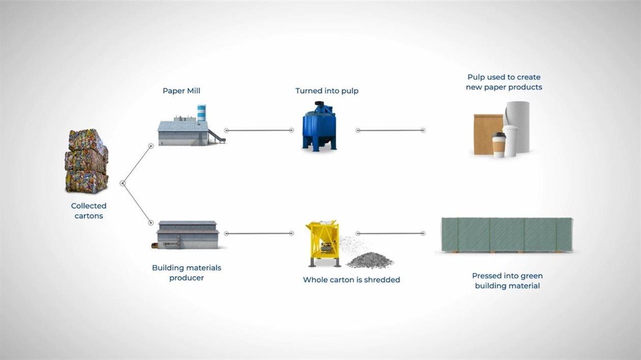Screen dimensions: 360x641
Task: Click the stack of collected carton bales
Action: (86, 161)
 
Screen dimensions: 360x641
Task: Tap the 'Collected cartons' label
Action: (89, 211)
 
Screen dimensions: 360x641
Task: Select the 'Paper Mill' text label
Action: (181, 91)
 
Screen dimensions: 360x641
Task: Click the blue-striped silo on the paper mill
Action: (201, 113)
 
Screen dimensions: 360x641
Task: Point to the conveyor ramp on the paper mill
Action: (216, 136)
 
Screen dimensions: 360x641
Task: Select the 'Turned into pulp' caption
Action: (327, 91)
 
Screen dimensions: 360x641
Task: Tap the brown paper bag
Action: (487, 134)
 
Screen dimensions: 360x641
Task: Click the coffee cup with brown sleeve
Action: (499, 145)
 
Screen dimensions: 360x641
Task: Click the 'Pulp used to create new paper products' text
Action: (504, 82)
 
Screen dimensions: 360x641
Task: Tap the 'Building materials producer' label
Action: (186, 273)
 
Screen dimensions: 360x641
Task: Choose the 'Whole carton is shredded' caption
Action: (351, 280)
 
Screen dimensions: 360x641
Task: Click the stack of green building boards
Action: (506, 235)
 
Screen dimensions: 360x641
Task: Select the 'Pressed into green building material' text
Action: (507, 281)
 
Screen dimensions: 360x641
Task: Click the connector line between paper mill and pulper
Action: (259, 130)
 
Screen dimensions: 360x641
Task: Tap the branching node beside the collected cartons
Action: (122, 183)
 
